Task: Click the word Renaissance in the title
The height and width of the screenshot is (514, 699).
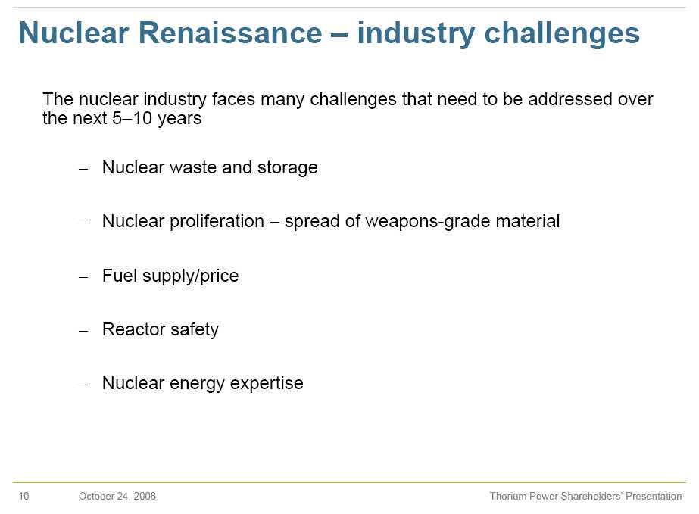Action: pyautogui.click(x=230, y=33)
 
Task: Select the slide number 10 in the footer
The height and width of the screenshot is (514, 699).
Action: pyautogui.click(x=23, y=496)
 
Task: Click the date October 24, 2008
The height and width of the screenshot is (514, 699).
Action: pyautogui.click(x=117, y=496)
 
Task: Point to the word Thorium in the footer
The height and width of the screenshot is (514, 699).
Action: pyautogui.click(x=507, y=496)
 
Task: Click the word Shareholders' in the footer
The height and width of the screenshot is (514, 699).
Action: pyautogui.click(x=591, y=496)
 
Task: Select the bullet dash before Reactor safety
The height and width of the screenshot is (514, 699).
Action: pyautogui.click(x=83, y=331)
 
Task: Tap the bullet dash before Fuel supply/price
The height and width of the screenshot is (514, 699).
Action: pyautogui.click(x=83, y=277)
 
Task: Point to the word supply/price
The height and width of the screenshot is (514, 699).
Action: pyautogui.click(x=190, y=276)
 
